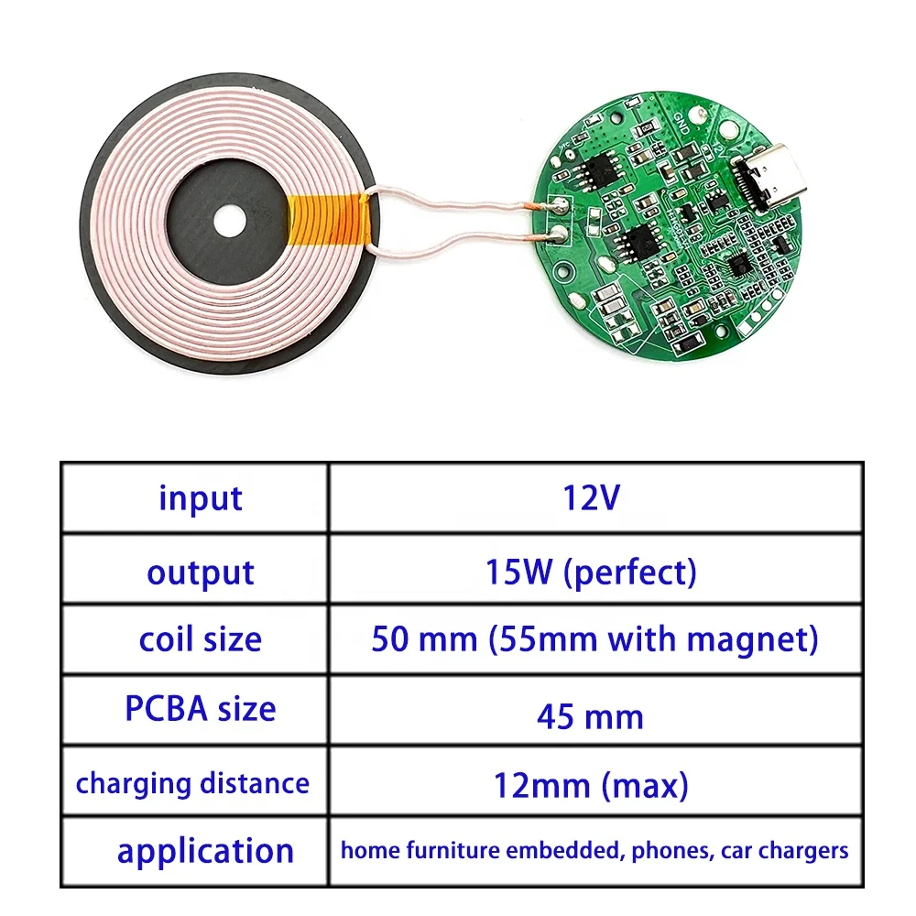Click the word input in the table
pyautogui.click(x=201, y=498)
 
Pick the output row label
pyautogui.click(x=201, y=572)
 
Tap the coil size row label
pyautogui.click(x=200, y=639)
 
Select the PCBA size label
pyautogui.click(x=200, y=708)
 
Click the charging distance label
pyautogui.click(x=192, y=783)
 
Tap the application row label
pyautogui.click(x=205, y=851)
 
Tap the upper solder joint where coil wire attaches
pyautogui.click(x=555, y=207)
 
